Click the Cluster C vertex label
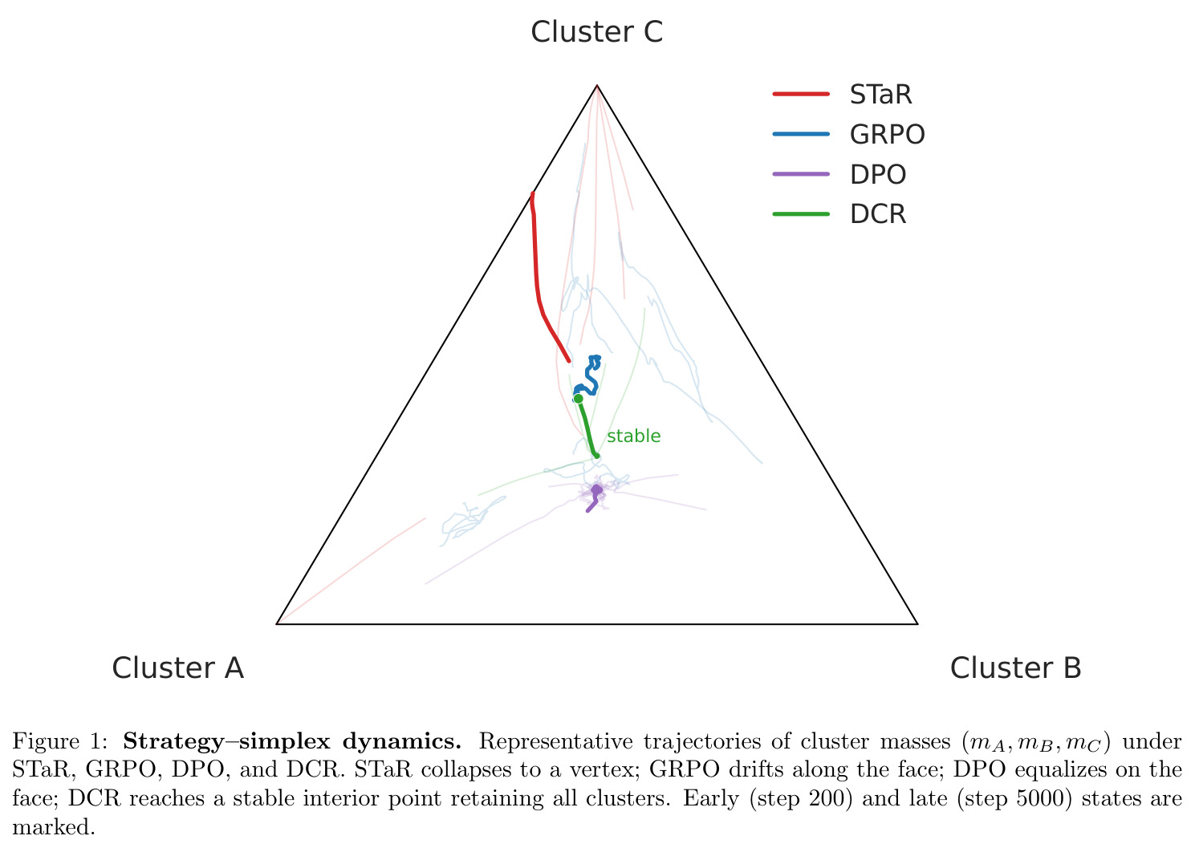click(x=596, y=32)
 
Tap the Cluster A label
click(x=177, y=667)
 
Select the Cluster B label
click(x=1016, y=667)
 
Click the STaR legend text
click(x=880, y=95)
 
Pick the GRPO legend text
click(x=887, y=134)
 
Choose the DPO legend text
click(x=878, y=174)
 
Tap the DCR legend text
click(x=878, y=214)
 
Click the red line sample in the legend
click(x=801, y=94)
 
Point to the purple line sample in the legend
click(x=801, y=174)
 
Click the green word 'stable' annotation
click(x=634, y=436)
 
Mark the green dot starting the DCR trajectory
click(x=579, y=398)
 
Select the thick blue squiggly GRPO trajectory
click(x=590, y=379)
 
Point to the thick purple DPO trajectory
click(x=595, y=499)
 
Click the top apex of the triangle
click(x=597, y=85)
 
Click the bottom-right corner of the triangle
click(x=917, y=624)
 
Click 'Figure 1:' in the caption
click(x=60, y=741)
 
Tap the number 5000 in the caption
click(x=1044, y=798)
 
